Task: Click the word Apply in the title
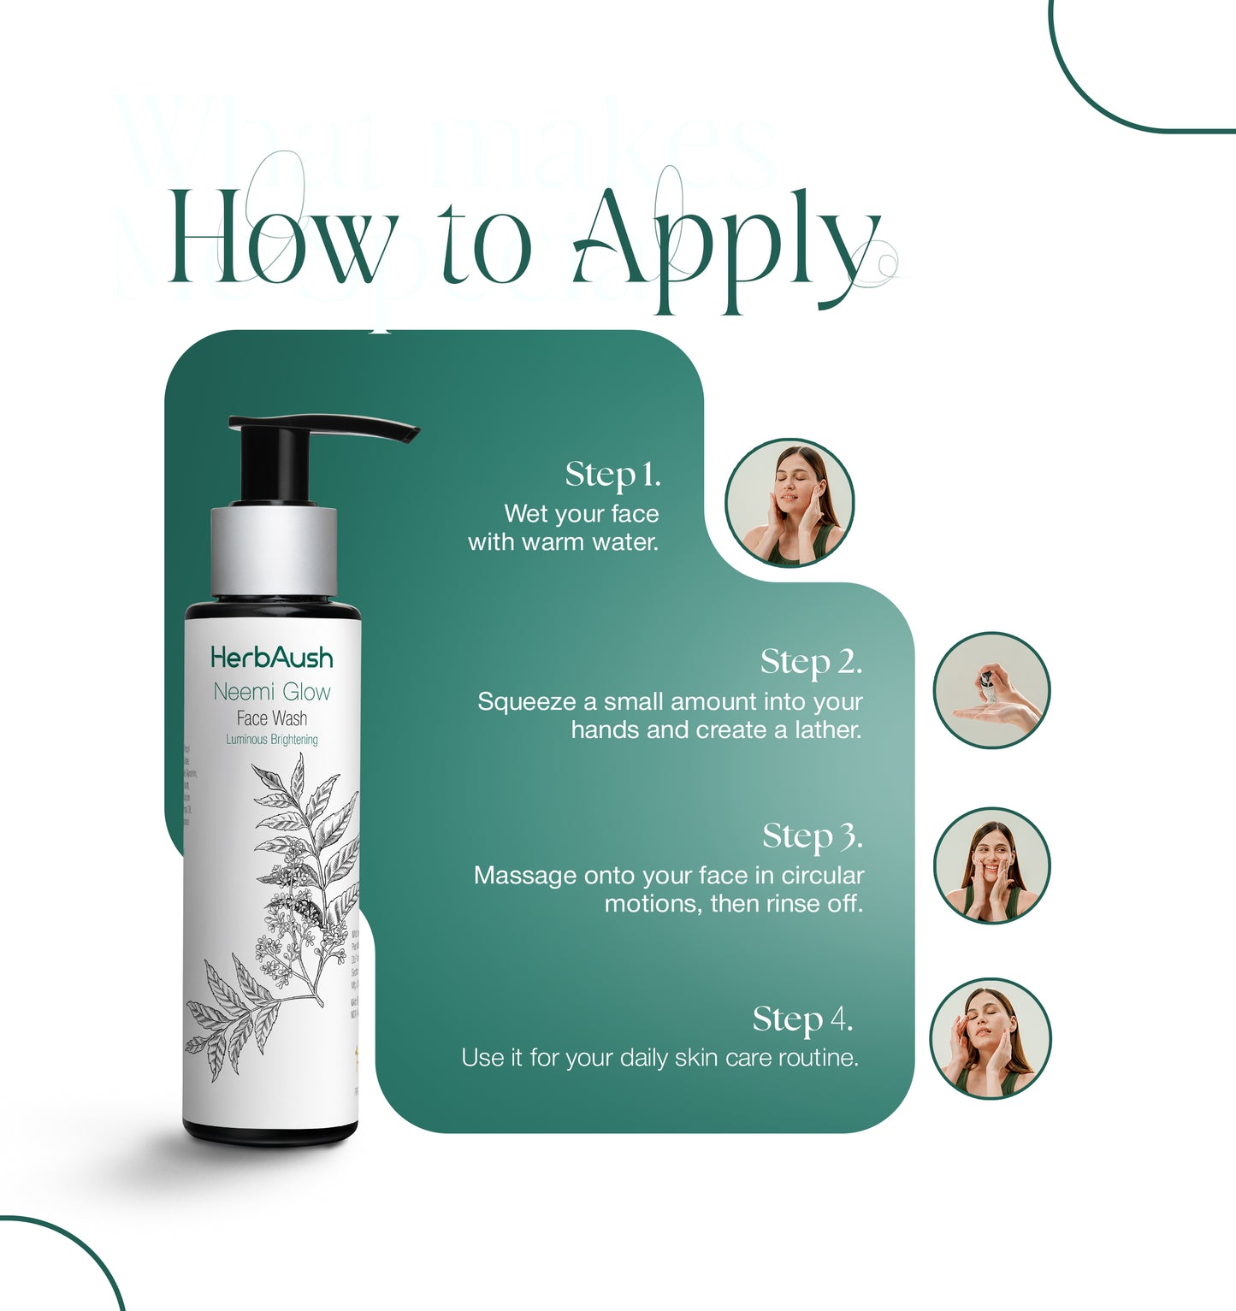(x=727, y=244)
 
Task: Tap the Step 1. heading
(x=612, y=475)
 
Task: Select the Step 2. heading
(x=811, y=662)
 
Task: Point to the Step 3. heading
(x=812, y=836)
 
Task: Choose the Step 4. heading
(x=802, y=1019)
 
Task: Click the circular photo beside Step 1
(x=790, y=503)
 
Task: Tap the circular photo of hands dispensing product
(x=991, y=690)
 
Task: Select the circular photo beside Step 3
(x=991, y=865)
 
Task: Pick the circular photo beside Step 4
(x=990, y=1038)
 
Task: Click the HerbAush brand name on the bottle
(x=272, y=658)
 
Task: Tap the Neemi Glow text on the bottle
(x=272, y=692)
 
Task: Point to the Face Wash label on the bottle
(x=272, y=718)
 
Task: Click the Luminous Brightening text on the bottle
(x=272, y=740)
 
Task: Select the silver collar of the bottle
(x=273, y=552)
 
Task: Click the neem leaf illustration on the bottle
(x=282, y=906)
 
